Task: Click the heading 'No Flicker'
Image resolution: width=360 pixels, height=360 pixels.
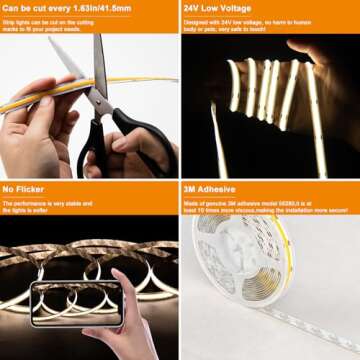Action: pos(22,187)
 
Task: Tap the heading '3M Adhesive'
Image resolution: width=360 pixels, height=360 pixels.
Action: pos(208,187)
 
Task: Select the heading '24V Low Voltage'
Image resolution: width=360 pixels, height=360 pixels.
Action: pos(219,7)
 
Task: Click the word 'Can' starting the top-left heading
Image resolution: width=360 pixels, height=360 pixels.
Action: pos(11,7)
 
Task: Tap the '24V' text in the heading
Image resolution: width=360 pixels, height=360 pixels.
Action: pos(192,7)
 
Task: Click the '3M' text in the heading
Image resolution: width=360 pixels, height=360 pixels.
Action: pos(190,187)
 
